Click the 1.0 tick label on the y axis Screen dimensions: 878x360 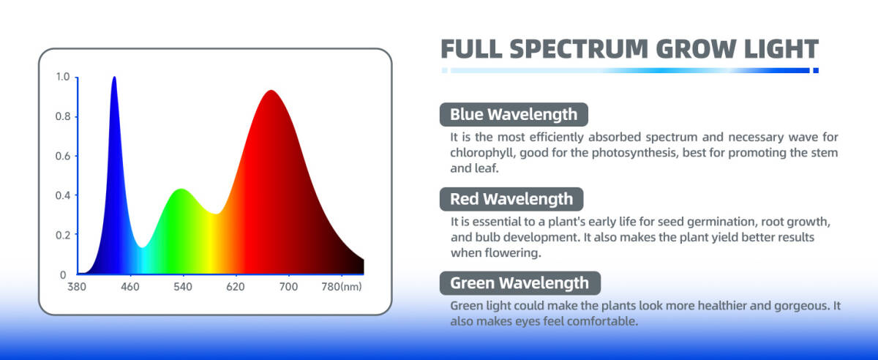[63, 77]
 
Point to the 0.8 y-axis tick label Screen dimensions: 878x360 [63, 116]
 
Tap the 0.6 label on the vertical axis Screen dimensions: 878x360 [63, 156]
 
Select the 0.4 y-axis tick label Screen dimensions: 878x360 [63, 195]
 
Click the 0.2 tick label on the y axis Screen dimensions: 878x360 [63, 236]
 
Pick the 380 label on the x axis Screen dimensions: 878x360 [77, 287]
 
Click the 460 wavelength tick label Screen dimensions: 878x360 [130, 287]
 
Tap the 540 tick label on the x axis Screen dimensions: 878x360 [183, 287]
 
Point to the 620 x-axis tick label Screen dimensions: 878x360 [236, 287]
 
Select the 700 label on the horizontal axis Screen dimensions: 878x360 [288, 287]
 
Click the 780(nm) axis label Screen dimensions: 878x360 [342, 287]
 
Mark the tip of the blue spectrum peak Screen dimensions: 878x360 [114, 77]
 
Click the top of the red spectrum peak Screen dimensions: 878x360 [271, 91]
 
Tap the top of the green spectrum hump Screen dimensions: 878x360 [181, 190]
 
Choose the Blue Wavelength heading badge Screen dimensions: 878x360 [514, 114]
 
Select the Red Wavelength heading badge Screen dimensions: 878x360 [511, 199]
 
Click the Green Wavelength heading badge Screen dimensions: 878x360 [520, 283]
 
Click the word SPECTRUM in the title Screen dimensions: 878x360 [579, 49]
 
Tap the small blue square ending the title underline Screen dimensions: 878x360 [816, 70]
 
